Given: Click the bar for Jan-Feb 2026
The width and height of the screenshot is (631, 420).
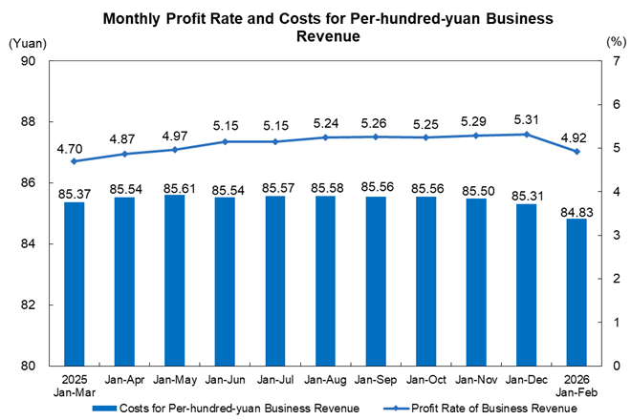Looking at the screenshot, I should tap(577, 292).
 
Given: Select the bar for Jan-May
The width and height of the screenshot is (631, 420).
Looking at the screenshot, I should tap(175, 281).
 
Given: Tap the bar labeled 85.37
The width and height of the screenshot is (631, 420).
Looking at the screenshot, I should tap(75, 284).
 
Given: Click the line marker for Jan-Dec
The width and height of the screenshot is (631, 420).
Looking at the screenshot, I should tap(526, 135).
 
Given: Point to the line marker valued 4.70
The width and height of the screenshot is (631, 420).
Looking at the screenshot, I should tap(75, 161).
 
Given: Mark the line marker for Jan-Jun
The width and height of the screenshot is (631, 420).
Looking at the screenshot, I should tap(226, 141).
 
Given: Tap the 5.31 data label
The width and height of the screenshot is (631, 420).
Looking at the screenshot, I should tap(526, 119).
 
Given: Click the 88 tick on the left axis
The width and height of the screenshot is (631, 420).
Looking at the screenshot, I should tap(29, 122).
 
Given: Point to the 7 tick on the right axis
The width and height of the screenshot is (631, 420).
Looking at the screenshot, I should tap(595, 61).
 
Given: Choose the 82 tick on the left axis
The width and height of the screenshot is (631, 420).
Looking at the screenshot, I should tap(29, 305).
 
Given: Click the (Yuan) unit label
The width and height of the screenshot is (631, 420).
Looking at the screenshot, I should tap(26, 43).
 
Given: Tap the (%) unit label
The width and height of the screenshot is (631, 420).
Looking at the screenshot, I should tap(615, 43).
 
